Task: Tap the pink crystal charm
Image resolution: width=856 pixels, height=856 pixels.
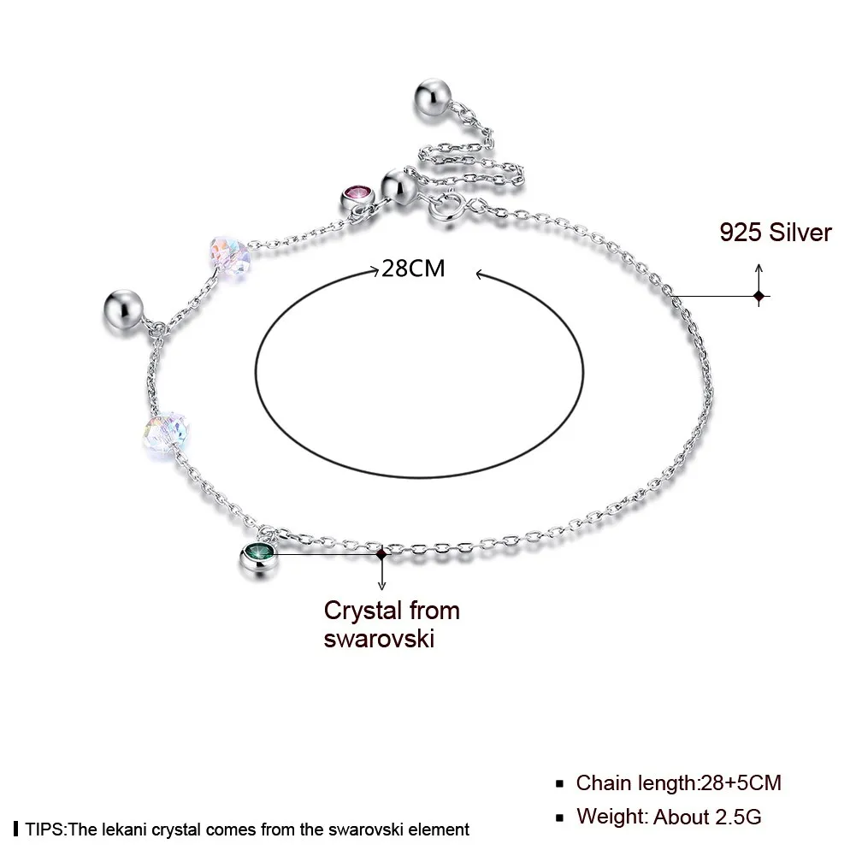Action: click(x=358, y=198)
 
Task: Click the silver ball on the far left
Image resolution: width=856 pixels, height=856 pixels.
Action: click(x=123, y=310)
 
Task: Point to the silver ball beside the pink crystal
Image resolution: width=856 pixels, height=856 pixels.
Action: click(x=399, y=186)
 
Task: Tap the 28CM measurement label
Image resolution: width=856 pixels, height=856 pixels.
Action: click(x=413, y=268)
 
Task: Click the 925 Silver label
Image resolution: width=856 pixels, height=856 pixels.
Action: click(x=776, y=232)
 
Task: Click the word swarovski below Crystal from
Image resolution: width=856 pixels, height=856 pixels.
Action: click(x=379, y=638)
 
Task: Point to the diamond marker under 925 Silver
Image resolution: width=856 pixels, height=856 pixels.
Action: click(x=759, y=297)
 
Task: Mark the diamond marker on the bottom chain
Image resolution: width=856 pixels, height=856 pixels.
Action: click(x=381, y=554)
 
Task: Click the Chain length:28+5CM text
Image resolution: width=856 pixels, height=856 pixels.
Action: click(x=679, y=782)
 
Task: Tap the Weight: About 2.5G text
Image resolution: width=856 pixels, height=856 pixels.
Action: click(x=669, y=817)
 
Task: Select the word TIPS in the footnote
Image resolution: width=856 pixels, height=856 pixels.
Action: click(x=44, y=829)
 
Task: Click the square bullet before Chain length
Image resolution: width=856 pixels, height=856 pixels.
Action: click(x=559, y=784)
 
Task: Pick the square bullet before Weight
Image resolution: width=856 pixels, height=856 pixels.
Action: click(x=559, y=818)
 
